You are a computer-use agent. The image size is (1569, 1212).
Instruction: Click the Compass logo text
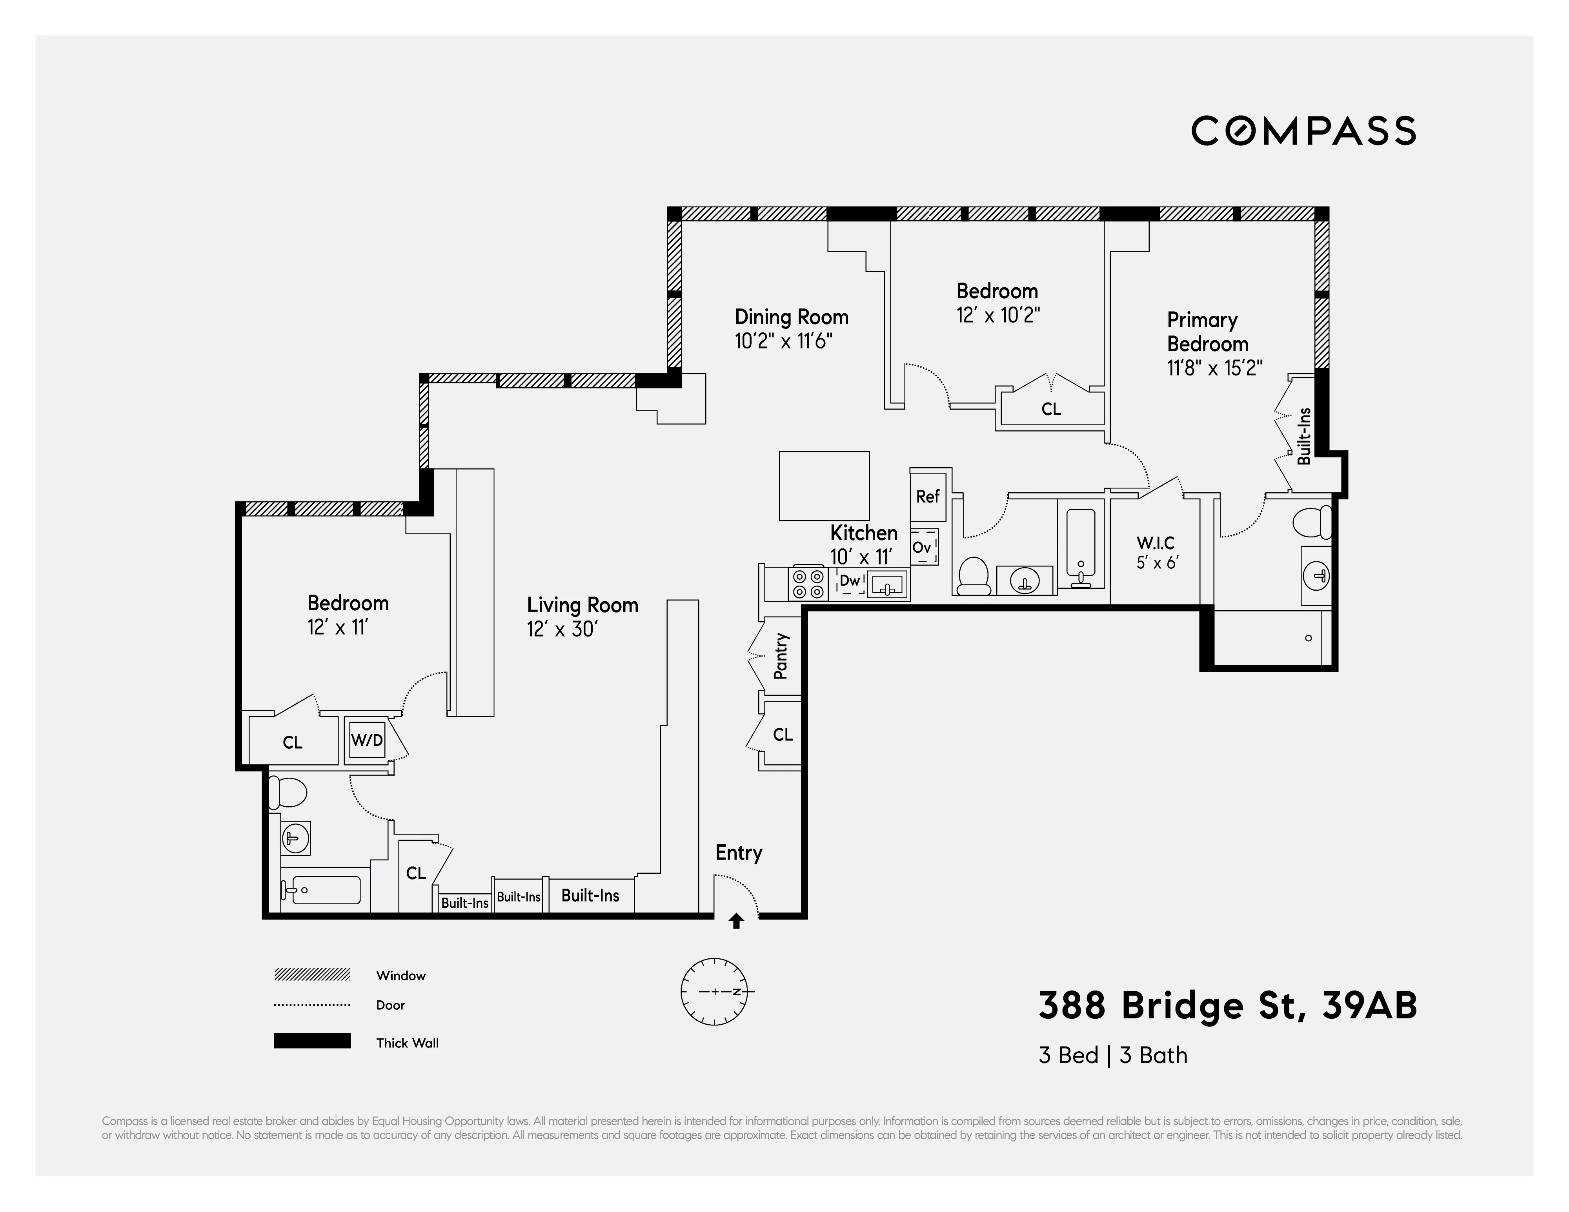(1303, 131)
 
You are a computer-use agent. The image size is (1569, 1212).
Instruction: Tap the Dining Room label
(791, 317)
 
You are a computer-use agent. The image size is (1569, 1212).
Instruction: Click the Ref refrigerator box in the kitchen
(927, 496)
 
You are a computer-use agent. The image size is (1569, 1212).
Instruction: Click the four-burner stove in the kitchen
(808, 584)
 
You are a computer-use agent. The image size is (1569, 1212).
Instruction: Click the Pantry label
(781, 655)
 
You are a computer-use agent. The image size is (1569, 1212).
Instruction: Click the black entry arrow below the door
(735, 921)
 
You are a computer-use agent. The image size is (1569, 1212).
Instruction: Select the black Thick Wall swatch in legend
(312, 1041)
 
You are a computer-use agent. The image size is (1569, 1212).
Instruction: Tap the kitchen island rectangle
(824, 485)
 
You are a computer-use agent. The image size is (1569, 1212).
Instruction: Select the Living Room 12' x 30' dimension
(562, 630)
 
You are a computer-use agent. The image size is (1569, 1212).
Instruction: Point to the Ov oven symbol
(923, 547)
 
